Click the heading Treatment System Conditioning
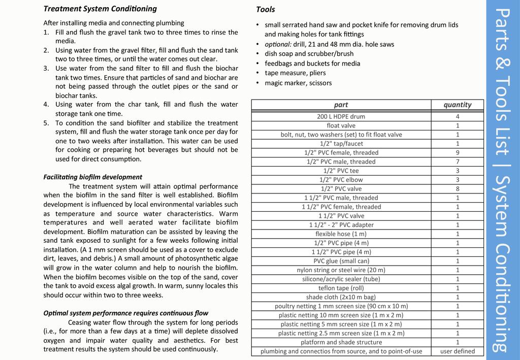(x=100, y=9)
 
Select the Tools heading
(x=266, y=9)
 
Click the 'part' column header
(x=341, y=105)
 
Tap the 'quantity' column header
(x=457, y=105)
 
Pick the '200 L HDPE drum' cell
(x=341, y=116)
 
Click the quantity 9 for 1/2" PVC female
(x=457, y=152)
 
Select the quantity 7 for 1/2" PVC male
(x=457, y=161)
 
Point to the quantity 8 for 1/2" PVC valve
(x=457, y=189)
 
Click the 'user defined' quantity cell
(x=457, y=351)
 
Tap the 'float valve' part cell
(x=341, y=125)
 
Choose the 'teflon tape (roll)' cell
(x=341, y=288)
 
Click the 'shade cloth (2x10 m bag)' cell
(x=341, y=297)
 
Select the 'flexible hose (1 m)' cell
(x=341, y=234)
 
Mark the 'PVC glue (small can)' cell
(x=341, y=261)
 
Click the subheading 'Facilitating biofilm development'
(x=92, y=177)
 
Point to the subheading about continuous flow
(x=125, y=313)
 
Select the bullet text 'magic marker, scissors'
(x=298, y=83)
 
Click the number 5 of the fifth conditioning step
(x=46, y=123)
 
